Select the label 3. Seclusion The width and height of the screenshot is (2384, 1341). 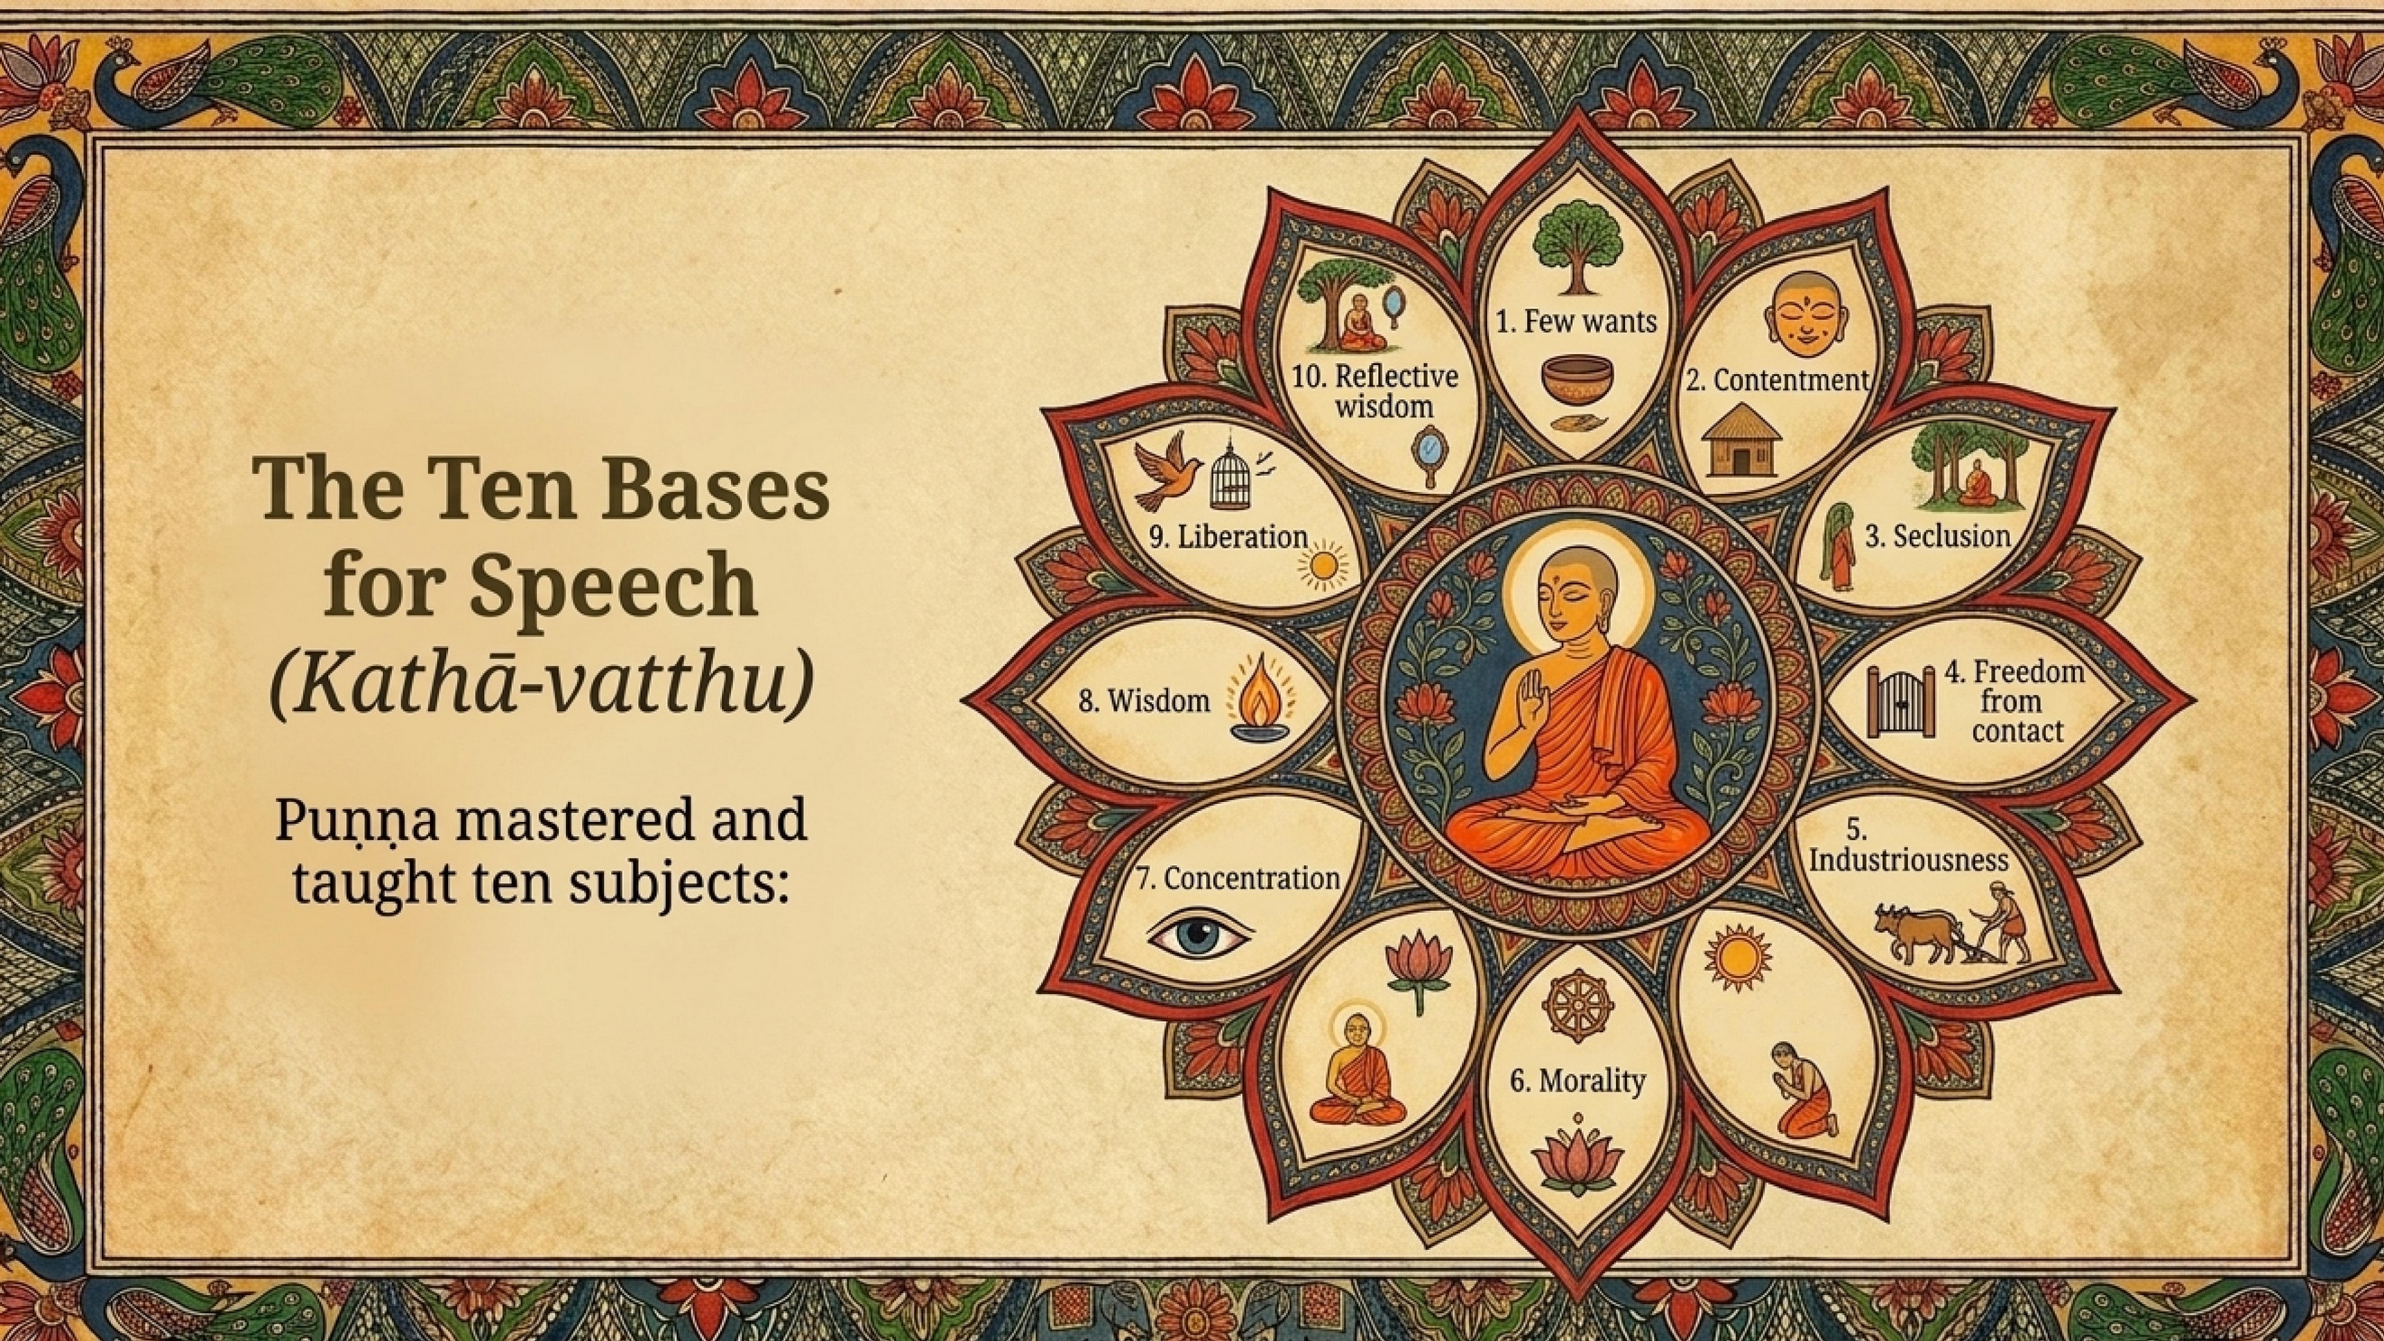[x=1938, y=536]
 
